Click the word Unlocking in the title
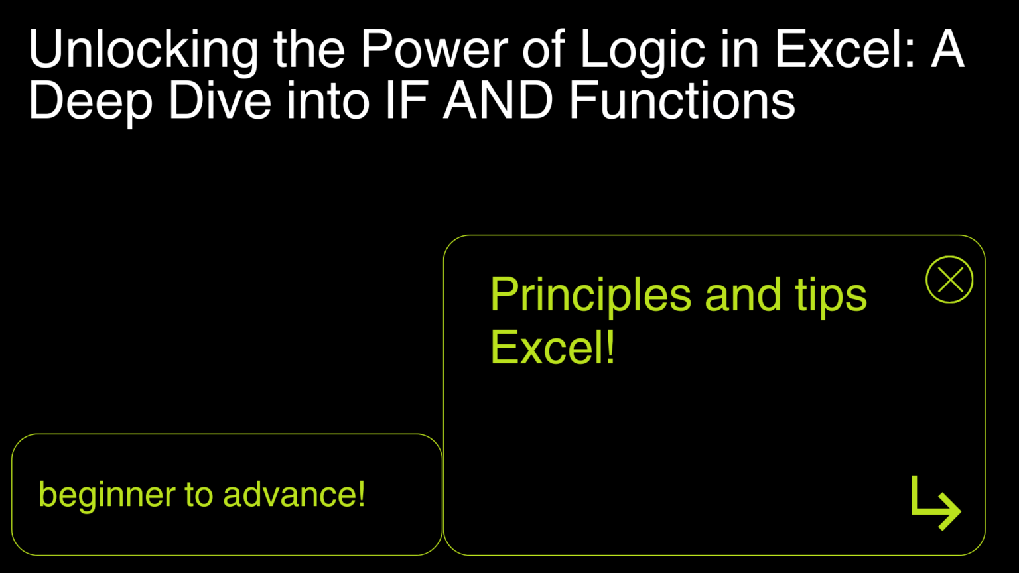tap(143, 50)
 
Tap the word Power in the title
tap(435, 50)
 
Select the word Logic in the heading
tap(641, 50)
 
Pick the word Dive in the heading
tap(220, 103)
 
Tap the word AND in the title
tap(498, 103)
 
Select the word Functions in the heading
tap(681, 103)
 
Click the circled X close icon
tap(949, 280)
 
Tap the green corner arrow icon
tap(935, 503)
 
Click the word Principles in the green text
tap(590, 296)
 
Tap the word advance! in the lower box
tap(294, 495)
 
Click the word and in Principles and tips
tap(743, 296)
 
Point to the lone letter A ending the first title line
tap(947, 50)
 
